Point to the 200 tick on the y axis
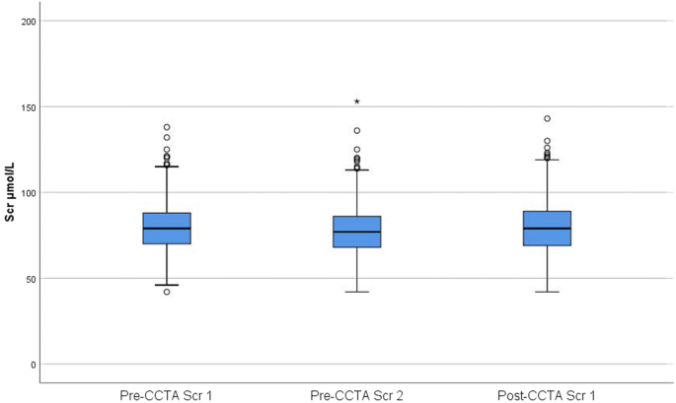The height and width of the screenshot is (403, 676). [29, 22]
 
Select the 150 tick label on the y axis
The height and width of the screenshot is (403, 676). [29, 107]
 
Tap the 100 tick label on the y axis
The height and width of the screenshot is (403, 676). [29, 193]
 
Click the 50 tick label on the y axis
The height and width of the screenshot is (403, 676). [32, 279]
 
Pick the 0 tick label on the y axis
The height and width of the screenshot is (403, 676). [35, 365]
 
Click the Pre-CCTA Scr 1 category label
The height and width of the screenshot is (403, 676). [167, 394]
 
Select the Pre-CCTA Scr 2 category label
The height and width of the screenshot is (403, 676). [356, 394]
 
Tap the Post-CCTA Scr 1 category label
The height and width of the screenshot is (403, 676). [547, 394]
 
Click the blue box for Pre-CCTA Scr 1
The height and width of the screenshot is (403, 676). [167, 229]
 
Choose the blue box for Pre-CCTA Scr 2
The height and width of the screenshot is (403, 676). [356, 232]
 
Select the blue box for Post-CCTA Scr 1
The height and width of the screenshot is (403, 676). [547, 229]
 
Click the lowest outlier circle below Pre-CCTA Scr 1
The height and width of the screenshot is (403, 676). [167, 292]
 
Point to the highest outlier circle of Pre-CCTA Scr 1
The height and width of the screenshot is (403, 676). [167, 127]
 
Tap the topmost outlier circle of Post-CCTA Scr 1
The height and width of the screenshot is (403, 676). [547, 119]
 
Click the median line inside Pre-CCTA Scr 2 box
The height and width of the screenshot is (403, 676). [356, 233]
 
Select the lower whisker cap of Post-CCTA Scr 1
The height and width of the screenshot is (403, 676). [547, 292]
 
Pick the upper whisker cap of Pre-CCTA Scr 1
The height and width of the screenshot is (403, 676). [167, 167]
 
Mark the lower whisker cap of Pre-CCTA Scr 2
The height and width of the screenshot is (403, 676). [356, 292]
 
